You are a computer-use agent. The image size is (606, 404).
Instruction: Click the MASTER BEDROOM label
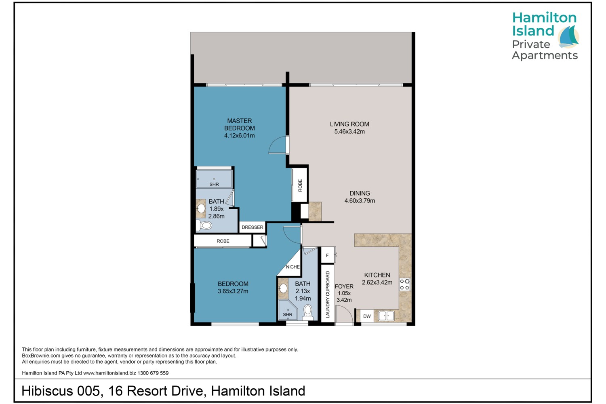click(240, 124)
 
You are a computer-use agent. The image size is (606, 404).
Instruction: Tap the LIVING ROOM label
click(349, 124)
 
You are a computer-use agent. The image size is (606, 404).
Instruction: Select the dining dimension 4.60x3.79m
click(360, 201)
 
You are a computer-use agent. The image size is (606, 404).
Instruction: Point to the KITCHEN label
click(377, 275)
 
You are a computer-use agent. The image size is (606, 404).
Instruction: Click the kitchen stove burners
click(404, 284)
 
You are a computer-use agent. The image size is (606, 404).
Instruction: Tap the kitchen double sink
click(386, 316)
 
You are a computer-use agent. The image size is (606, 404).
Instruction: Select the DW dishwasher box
click(367, 316)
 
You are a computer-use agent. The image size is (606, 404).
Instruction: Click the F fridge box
click(327, 255)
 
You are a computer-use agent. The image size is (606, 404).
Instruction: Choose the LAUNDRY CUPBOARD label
click(328, 295)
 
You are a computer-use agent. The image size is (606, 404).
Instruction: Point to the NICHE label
click(293, 267)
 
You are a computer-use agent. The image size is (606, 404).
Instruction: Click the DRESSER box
click(252, 227)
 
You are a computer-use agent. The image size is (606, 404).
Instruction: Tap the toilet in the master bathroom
click(204, 225)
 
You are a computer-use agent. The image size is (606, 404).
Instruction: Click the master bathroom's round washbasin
click(201, 208)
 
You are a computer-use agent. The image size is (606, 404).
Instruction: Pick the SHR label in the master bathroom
click(214, 185)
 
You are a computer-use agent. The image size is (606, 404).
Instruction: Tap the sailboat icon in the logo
click(568, 37)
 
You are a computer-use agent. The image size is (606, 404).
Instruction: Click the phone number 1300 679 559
click(153, 373)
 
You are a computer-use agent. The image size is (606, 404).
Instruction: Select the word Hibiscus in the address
click(47, 391)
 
